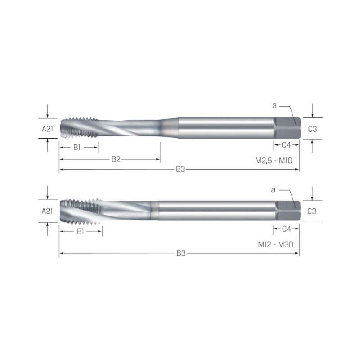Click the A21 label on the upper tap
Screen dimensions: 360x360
48,129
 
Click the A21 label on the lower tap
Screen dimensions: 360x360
47,211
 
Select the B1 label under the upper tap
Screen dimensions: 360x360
77,148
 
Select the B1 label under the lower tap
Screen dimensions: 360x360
81,231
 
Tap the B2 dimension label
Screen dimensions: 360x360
116,159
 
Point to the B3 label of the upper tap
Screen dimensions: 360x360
180,170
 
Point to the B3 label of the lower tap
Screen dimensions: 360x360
181,253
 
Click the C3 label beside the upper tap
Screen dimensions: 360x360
312,129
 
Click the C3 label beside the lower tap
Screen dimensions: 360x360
312,211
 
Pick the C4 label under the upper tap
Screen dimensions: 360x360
286,145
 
